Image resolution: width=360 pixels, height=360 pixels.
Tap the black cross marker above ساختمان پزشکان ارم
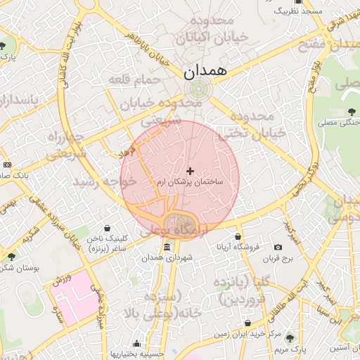[190, 170]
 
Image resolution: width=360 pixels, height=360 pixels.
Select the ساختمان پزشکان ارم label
[190, 181]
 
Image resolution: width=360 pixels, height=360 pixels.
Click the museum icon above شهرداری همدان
[167, 247]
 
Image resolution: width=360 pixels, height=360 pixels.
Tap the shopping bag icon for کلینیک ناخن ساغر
[107, 229]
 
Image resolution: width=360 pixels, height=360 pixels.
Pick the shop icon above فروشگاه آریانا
[238, 236]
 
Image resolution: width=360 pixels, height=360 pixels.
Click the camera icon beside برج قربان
[278, 247]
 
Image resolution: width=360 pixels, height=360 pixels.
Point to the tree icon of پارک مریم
[290, 338]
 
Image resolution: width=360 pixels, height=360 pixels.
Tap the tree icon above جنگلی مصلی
[352, 111]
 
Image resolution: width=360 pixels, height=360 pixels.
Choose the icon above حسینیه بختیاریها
[136, 344]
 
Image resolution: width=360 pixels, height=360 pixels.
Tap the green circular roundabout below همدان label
[198, 89]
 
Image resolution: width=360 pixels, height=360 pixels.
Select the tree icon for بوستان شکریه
[11, 257]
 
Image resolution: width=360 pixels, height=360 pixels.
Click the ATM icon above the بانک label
[7, 164]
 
